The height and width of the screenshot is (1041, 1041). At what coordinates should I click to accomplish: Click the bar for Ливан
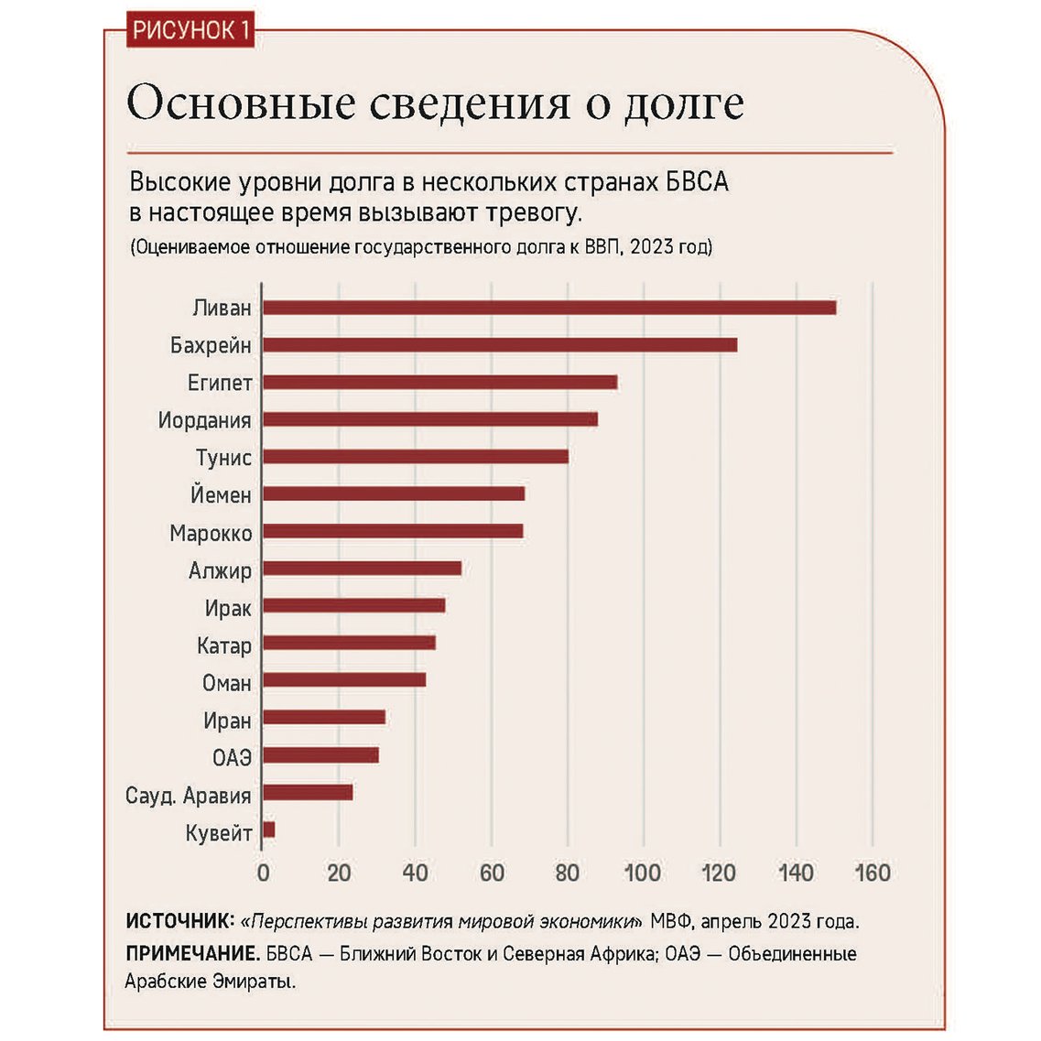tap(549, 308)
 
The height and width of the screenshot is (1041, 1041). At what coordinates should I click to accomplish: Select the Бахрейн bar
tap(500, 345)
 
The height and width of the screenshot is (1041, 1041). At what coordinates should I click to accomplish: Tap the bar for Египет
tap(439, 383)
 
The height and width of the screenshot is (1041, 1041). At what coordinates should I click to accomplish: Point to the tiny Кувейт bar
tap(268, 830)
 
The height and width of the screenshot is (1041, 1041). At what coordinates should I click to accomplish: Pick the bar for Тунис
tap(415, 457)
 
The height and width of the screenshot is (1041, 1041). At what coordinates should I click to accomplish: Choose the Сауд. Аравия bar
tap(308, 793)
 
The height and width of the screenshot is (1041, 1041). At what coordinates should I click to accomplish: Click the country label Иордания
tap(204, 420)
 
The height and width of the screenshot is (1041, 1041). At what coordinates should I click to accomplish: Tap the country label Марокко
tap(211, 533)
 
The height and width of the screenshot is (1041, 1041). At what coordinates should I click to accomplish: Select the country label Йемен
tap(221, 495)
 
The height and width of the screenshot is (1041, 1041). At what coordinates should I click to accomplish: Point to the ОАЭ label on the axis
tap(232, 757)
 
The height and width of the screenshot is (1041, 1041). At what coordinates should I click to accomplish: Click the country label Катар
tap(223, 645)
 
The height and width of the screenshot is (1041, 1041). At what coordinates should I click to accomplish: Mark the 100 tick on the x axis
tap(643, 873)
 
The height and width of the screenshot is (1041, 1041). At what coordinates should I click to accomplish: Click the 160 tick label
tap(872, 873)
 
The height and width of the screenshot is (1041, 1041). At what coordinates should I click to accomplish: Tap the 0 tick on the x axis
tap(263, 873)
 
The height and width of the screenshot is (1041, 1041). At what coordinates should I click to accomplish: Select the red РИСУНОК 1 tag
tap(190, 30)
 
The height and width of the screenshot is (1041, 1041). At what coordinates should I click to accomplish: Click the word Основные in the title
tap(240, 103)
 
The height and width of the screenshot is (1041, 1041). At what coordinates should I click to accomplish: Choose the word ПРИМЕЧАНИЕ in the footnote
tap(192, 954)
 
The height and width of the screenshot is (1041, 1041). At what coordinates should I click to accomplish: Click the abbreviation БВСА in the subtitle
tap(697, 181)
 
